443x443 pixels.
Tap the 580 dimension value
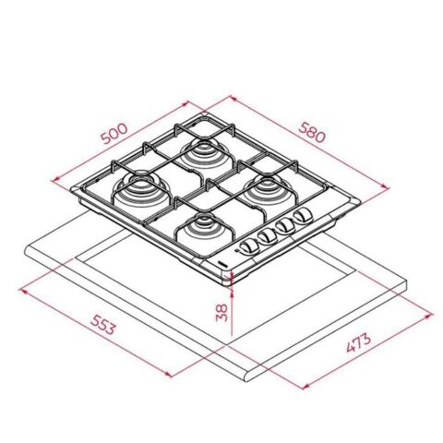pyautogui.click(x=313, y=134)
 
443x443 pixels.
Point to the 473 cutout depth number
pyautogui.click(x=361, y=345)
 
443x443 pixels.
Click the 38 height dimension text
pyautogui.click(x=221, y=312)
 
